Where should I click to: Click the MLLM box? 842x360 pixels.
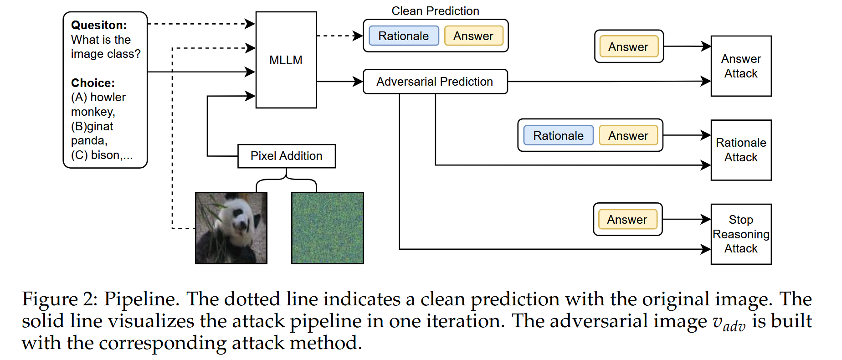(x=286, y=60)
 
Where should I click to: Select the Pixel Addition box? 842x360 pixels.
(x=286, y=156)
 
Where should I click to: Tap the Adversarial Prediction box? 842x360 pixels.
(x=435, y=82)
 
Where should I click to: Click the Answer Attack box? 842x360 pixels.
(x=741, y=66)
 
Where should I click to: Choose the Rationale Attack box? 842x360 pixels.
(x=741, y=150)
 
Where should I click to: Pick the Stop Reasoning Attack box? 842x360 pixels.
(x=741, y=234)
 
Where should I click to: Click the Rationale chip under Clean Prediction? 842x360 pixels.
(x=403, y=36)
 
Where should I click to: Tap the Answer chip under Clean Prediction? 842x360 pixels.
(x=473, y=36)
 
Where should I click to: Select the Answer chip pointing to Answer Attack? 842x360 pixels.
(x=628, y=47)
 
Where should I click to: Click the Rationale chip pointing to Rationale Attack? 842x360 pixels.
(x=558, y=136)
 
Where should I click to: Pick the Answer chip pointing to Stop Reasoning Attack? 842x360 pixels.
(x=627, y=220)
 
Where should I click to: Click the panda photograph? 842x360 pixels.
(x=231, y=228)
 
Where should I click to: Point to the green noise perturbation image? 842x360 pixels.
(x=328, y=228)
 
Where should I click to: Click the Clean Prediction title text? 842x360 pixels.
(x=435, y=11)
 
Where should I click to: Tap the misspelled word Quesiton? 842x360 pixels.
(x=98, y=25)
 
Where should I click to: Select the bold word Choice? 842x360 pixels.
(x=92, y=83)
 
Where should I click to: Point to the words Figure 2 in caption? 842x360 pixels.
(x=59, y=299)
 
